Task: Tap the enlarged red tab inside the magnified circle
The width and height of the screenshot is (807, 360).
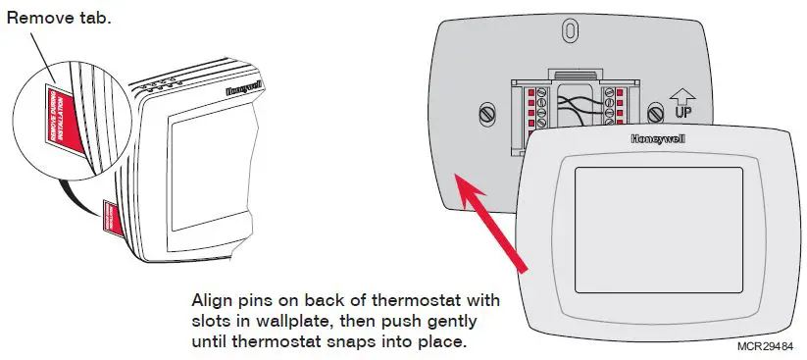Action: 62,118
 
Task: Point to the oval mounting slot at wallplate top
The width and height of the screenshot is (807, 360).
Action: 568,31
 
